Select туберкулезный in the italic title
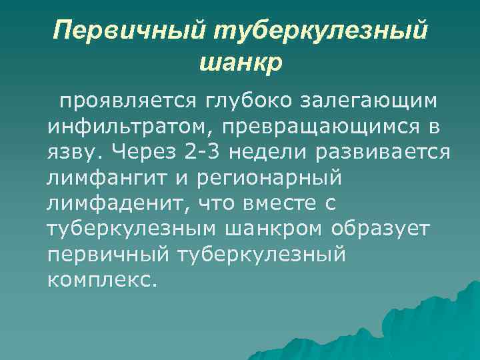coord(321,30)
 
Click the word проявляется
coord(125,101)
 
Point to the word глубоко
coord(245,101)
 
